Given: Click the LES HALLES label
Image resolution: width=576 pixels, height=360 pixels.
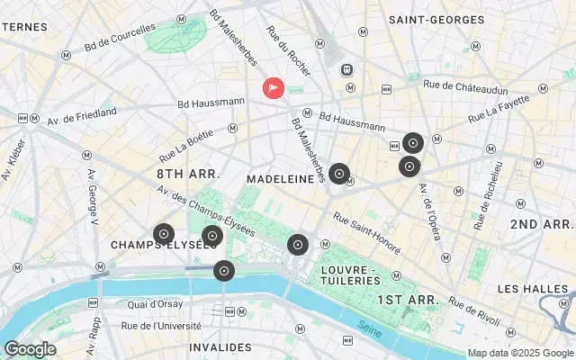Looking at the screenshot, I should click(535, 288).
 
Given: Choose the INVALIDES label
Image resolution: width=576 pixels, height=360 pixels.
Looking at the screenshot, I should click(220, 346).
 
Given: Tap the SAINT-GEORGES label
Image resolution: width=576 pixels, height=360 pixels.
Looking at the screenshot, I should click(431, 18).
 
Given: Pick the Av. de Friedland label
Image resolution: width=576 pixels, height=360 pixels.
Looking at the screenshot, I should click(82, 113).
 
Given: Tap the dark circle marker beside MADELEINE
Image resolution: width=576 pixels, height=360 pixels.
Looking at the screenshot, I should click(338, 174).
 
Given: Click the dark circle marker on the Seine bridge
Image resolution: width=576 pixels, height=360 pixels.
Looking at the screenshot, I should click(223, 270).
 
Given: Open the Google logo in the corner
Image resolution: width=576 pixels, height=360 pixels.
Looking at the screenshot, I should click(30, 348).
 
